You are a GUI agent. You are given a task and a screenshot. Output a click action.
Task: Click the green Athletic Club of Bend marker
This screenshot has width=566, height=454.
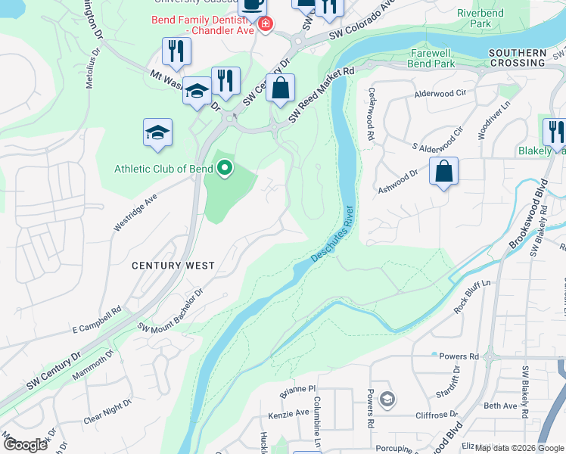(224, 168)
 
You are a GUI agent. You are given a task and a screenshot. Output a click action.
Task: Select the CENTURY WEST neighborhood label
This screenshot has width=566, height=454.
(173, 266)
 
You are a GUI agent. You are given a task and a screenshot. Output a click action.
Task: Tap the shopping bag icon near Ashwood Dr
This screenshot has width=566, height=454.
(443, 172)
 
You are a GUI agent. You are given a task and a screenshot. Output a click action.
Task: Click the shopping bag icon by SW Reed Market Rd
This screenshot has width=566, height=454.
(280, 88)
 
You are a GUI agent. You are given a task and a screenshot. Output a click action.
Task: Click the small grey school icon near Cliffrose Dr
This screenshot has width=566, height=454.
(387, 398)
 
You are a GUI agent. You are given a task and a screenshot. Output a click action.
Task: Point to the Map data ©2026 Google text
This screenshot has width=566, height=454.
(518, 448)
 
